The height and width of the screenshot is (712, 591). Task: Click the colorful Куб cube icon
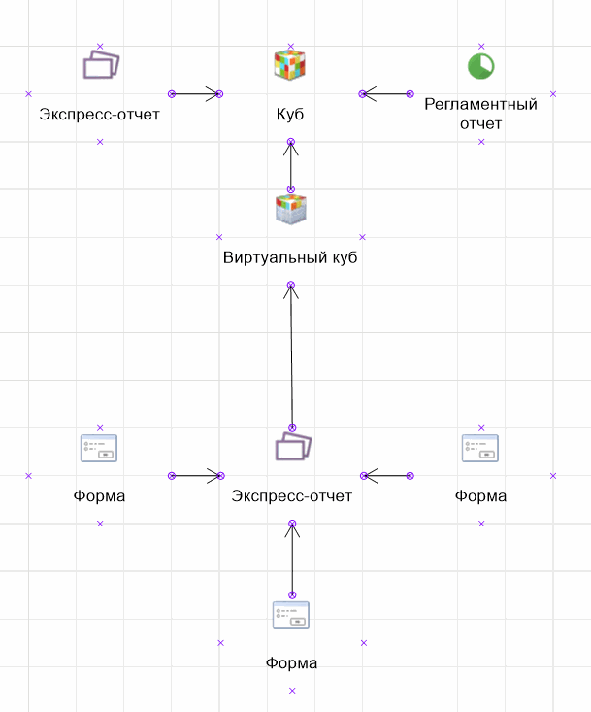291,65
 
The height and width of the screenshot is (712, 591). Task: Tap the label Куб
291,115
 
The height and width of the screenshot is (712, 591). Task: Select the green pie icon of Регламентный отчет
481,65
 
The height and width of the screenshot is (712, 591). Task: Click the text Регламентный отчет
481,114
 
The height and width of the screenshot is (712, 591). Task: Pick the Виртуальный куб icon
291,209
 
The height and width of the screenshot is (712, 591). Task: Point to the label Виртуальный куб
291,257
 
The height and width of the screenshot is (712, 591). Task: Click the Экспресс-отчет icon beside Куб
100,65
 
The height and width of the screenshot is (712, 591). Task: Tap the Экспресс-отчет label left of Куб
100,115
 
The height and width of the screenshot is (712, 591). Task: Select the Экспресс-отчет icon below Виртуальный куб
292,447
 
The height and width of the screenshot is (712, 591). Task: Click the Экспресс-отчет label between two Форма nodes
292,496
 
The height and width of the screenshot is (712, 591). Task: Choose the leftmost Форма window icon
99,448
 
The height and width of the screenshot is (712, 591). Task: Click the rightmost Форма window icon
480,448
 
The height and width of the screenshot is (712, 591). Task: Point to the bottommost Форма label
291,664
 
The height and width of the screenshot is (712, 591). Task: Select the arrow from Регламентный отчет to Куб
386,94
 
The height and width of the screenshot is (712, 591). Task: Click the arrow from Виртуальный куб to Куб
291,165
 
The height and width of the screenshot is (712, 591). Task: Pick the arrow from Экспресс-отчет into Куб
196,94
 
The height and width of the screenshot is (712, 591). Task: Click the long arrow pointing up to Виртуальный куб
291,356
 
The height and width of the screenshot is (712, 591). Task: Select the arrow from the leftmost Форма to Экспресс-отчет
196,476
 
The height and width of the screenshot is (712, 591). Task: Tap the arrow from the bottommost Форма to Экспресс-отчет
292,559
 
